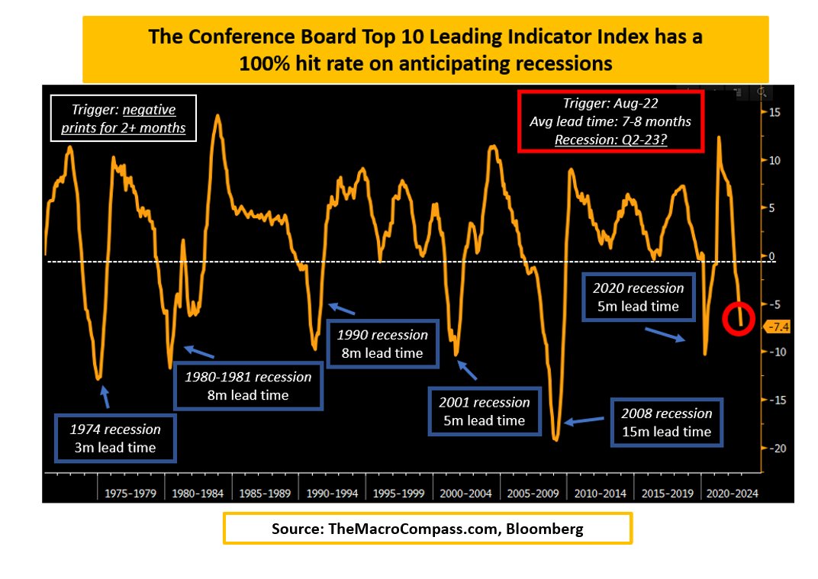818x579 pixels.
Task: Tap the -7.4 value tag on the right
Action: [777, 327]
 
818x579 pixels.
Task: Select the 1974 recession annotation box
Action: [116, 438]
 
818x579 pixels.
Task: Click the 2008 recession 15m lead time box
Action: [666, 422]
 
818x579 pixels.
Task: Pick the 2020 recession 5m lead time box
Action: [638, 296]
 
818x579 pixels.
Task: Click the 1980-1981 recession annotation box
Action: [249, 386]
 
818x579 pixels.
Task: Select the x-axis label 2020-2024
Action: [733, 493]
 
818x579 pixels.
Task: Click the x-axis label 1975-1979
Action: [131, 493]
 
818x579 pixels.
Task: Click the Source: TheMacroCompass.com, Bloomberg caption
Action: [427, 529]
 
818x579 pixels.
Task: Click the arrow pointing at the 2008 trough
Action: [589, 420]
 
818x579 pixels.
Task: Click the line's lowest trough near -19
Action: [556, 439]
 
